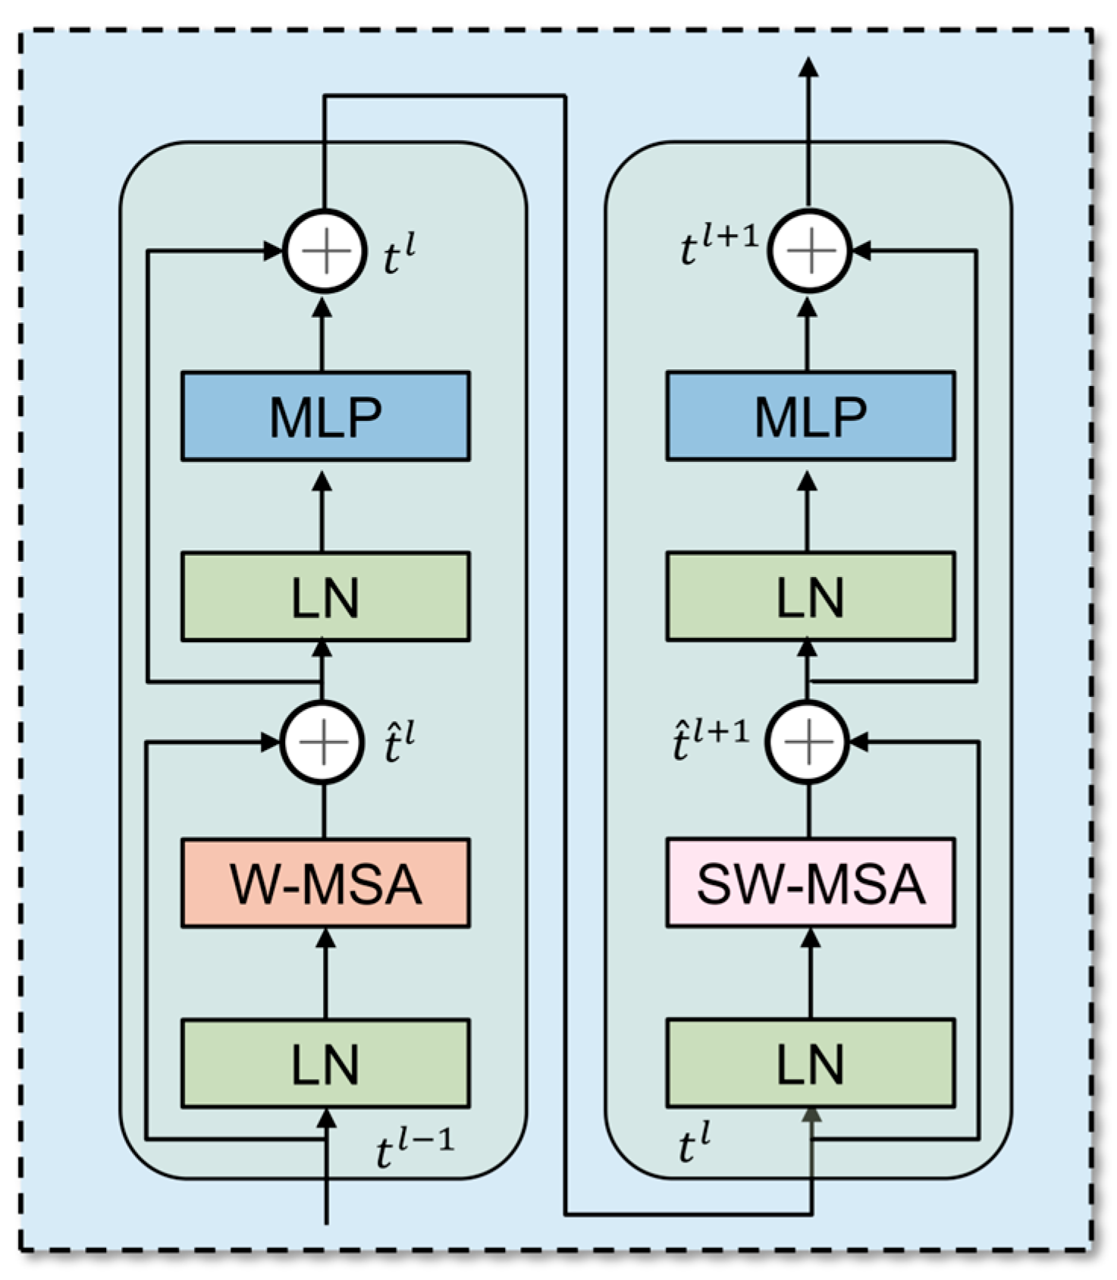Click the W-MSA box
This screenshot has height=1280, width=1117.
(325, 883)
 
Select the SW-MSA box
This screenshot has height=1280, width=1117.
(810, 883)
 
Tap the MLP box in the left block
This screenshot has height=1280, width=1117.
(325, 416)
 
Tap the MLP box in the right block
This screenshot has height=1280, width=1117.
(810, 416)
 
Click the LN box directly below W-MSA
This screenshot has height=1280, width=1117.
(325, 1063)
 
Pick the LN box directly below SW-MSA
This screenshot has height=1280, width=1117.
(810, 1063)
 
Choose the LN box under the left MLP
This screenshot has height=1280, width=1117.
(325, 597)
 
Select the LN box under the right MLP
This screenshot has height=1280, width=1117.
(810, 597)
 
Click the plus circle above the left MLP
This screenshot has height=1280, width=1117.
(325, 251)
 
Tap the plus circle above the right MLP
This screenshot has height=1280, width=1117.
(810, 251)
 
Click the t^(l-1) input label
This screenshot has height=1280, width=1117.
(414, 1150)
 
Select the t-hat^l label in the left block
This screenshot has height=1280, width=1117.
(397, 743)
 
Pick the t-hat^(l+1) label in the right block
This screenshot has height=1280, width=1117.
(710, 739)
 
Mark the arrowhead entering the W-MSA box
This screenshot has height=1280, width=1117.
(325, 939)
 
